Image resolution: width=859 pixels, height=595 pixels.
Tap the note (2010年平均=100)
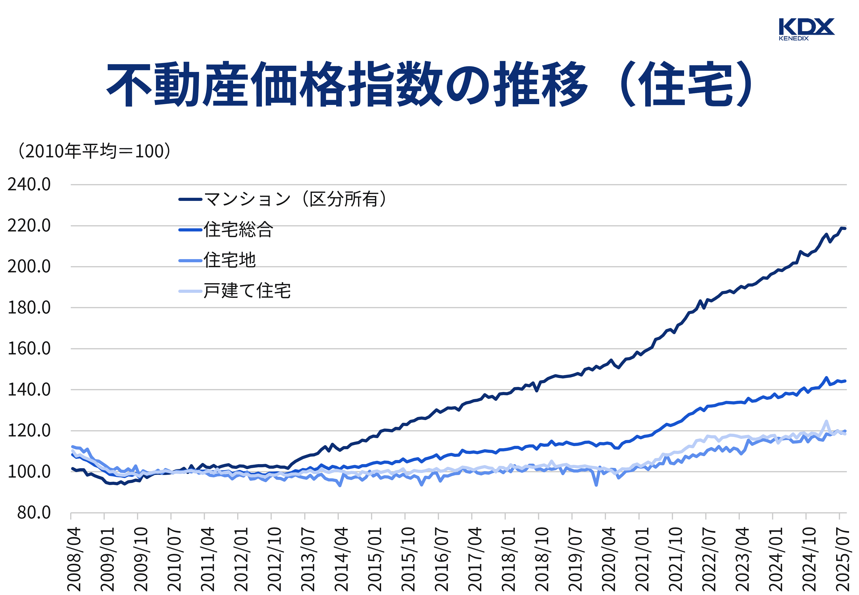(95, 151)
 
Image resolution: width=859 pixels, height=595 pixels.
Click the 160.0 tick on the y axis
(29, 349)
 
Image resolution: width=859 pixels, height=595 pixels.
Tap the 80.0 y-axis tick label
(33, 513)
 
